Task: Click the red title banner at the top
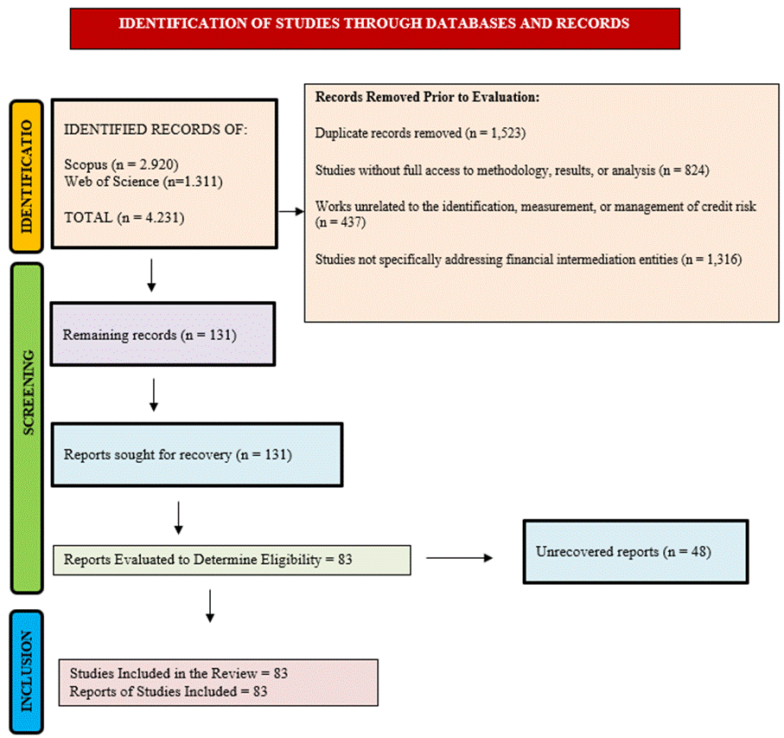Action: (374, 29)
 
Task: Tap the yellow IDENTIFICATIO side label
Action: (27, 176)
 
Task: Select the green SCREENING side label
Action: (27, 428)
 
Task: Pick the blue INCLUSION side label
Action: (27, 671)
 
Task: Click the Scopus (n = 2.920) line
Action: (122, 164)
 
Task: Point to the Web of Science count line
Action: (143, 181)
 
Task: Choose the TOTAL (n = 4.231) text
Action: (124, 218)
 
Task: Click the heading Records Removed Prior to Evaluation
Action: (428, 97)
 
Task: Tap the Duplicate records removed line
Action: (420, 133)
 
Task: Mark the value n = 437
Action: (340, 221)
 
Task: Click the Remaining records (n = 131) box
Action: (163, 334)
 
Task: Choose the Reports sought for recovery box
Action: (197, 455)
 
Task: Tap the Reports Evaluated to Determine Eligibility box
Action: (232, 560)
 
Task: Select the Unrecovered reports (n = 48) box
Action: (635, 552)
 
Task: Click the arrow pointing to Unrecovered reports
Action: (460, 558)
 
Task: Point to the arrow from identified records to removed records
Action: (291, 212)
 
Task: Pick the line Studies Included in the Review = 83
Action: (179, 673)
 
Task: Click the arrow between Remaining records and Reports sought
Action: (154, 395)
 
